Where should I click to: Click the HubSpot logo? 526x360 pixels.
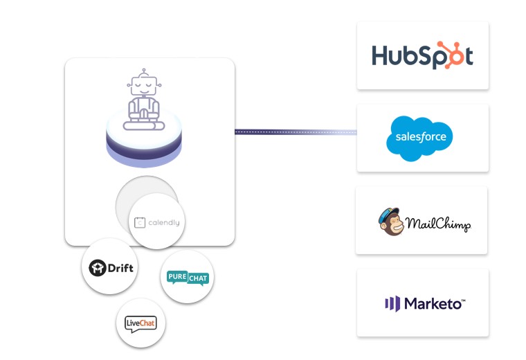click(x=422, y=55)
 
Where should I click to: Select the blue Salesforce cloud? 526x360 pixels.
click(x=420, y=138)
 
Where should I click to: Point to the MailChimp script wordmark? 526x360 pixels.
click(x=438, y=224)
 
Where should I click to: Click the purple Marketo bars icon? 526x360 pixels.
click(x=392, y=303)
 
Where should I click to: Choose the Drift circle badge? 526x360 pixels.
click(x=109, y=267)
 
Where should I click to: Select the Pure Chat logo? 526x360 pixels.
click(x=187, y=278)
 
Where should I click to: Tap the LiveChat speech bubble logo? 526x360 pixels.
click(x=140, y=323)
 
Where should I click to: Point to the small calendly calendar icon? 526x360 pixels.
click(x=140, y=223)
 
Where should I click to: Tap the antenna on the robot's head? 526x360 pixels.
click(x=143, y=71)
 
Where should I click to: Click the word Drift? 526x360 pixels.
click(x=122, y=267)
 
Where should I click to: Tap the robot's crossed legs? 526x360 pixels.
click(x=143, y=124)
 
